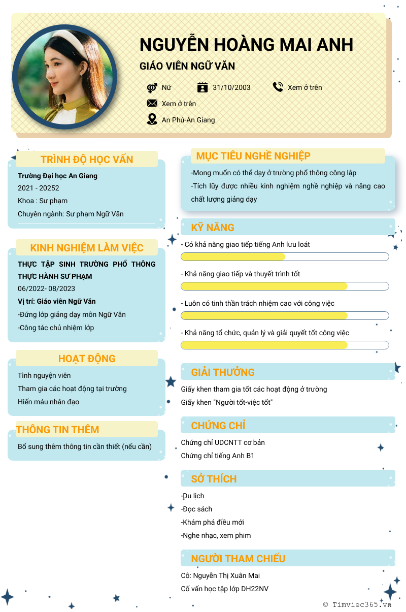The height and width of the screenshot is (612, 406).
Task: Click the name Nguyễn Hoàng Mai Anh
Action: pyautogui.click(x=246, y=45)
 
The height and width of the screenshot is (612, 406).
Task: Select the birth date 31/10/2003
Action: pyautogui.click(x=231, y=87)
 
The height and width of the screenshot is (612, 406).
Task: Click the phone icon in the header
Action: pyautogui.click(x=278, y=87)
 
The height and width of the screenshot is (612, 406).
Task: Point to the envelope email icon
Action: pyautogui.click(x=152, y=104)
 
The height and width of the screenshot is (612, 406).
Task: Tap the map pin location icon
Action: pyautogui.click(x=152, y=119)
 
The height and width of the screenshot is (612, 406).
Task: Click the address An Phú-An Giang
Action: pyautogui.click(x=188, y=120)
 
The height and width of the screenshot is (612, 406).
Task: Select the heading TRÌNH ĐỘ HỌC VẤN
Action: pyautogui.click(x=87, y=159)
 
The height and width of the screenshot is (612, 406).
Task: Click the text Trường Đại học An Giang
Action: pyautogui.click(x=57, y=176)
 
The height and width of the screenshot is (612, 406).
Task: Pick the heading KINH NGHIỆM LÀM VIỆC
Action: pyautogui.click(x=87, y=248)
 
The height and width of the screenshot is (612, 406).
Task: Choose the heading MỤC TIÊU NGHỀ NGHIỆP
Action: pyautogui.click(x=253, y=156)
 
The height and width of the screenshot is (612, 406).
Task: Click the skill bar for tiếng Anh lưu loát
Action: pyautogui.click(x=285, y=256)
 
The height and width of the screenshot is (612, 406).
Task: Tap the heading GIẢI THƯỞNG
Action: pyautogui.click(x=223, y=372)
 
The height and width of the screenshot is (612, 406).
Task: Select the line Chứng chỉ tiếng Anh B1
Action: pyautogui.click(x=218, y=456)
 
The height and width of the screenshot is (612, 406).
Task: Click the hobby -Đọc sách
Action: pyautogui.click(x=196, y=509)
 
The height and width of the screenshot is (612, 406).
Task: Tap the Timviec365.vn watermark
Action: pyautogui.click(x=357, y=604)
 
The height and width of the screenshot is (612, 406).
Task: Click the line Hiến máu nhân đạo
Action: pyautogui.click(x=48, y=402)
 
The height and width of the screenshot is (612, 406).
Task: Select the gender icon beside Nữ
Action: pyautogui.click(x=152, y=87)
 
